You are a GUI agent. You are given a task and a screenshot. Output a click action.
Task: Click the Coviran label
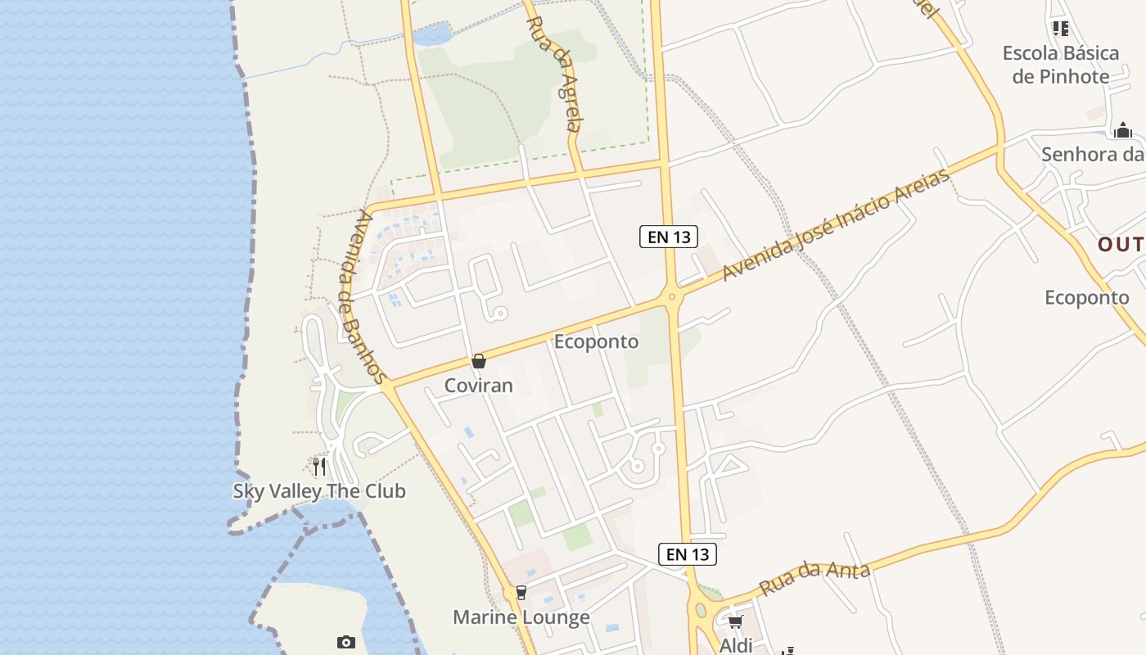(x=478, y=386)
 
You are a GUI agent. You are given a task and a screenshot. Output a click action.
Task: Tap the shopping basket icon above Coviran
(x=479, y=361)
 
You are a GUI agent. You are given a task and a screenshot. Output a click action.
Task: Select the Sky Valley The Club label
(x=319, y=491)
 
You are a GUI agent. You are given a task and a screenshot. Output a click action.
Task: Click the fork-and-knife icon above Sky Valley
(x=319, y=467)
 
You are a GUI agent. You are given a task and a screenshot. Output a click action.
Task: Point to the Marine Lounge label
(x=521, y=617)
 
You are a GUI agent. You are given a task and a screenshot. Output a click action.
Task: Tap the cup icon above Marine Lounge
(x=521, y=593)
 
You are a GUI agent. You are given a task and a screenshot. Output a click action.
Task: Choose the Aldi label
(x=735, y=645)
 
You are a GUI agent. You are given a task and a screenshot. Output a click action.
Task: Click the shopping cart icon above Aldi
(x=735, y=622)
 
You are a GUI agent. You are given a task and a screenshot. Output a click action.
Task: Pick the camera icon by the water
(x=346, y=642)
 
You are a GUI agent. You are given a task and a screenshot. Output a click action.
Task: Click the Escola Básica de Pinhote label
(x=1061, y=65)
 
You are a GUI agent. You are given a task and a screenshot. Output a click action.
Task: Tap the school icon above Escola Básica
(x=1061, y=29)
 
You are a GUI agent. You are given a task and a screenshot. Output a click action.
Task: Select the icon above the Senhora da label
(x=1122, y=130)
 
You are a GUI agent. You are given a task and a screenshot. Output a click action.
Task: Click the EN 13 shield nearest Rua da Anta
(x=688, y=554)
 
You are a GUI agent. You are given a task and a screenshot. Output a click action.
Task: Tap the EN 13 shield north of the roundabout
(x=669, y=237)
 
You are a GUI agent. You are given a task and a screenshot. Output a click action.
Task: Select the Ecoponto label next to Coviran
(x=596, y=341)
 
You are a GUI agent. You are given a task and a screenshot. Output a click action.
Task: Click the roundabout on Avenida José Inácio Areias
(x=671, y=297)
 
